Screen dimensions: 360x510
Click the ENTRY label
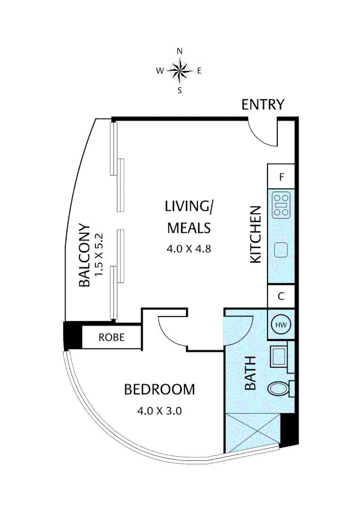(263, 104)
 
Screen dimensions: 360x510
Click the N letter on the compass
(180, 51)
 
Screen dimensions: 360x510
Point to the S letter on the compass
(180, 90)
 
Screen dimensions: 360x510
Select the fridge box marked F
(281, 176)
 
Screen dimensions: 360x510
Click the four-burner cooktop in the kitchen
(281, 205)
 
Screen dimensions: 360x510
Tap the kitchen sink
(281, 250)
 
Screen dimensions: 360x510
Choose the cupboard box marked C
(281, 296)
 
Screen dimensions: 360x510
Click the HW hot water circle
(281, 324)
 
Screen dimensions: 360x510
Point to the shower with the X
(252, 432)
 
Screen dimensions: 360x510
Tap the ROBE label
(111, 337)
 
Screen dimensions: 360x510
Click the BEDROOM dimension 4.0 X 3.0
(159, 411)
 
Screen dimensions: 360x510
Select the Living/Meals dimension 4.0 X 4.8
(189, 249)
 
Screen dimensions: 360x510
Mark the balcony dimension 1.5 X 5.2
(99, 255)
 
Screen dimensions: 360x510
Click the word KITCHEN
(256, 234)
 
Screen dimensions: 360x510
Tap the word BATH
(251, 373)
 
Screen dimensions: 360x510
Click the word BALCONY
(84, 255)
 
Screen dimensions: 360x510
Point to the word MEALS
(189, 228)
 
